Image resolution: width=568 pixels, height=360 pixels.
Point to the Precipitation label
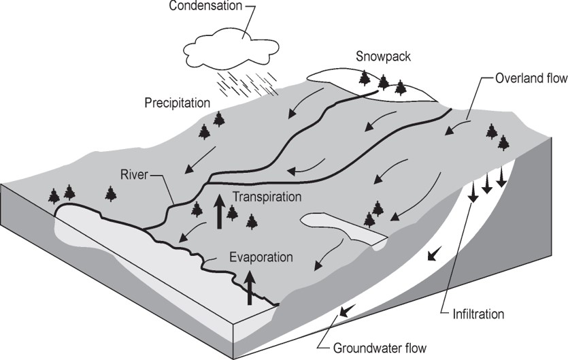click(176, 103)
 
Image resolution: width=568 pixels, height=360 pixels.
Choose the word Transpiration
click(267, 197)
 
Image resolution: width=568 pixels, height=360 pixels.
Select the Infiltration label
click(479, 314)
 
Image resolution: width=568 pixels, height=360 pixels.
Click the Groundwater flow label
click(380, 348)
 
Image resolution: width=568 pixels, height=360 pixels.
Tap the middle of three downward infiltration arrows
click(486, 182)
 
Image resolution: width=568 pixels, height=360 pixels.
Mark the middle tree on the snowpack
click(384, 82)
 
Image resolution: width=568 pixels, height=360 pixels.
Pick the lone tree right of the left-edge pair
click(110, 194)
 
